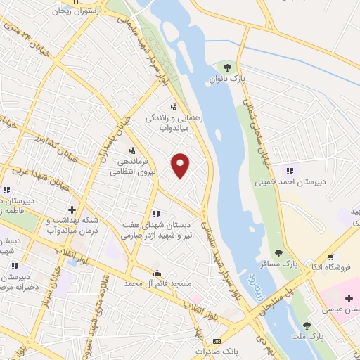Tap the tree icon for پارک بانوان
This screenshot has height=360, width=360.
[226, 68]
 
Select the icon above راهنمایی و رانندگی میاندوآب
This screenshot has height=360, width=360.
[173, 107]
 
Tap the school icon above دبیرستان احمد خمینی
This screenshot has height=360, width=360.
[288, 169]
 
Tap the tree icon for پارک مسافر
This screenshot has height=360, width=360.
[279, 253]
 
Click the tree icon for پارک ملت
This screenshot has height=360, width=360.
[307, 325]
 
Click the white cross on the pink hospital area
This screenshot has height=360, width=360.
[349, 298]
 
